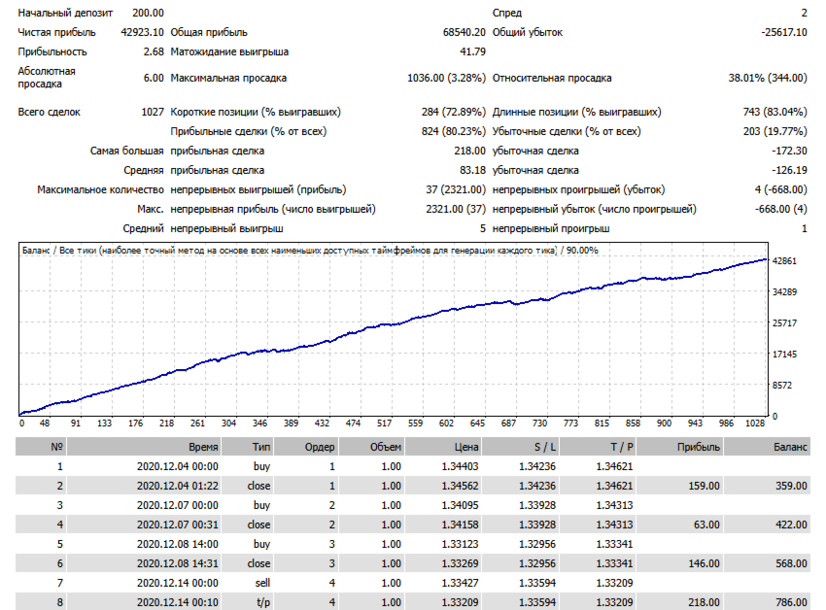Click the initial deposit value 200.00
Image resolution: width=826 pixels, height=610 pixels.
[148, 13]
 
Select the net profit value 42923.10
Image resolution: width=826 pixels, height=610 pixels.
[142, 32]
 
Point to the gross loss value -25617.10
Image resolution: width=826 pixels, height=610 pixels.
[783, 32]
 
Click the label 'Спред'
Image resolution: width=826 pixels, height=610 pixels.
[507, 13]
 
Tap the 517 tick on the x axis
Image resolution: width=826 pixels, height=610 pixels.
[384, 424]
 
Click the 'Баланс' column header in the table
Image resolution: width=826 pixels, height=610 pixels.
[790, 447]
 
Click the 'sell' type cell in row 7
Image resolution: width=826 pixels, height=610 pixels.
[261, 583]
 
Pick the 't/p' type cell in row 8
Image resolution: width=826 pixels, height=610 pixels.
[261, 602]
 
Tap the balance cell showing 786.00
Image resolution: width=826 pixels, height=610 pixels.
[791, 602]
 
